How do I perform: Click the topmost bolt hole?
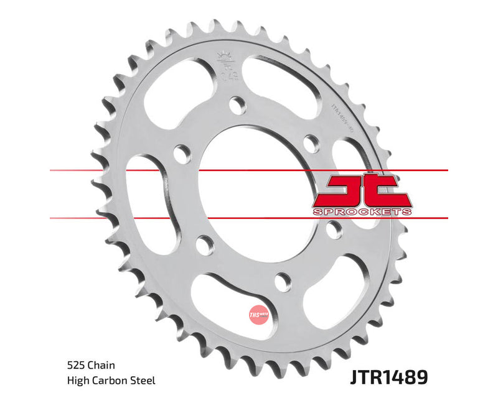tap(237, 105)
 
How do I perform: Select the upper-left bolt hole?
tap(182, 153)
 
